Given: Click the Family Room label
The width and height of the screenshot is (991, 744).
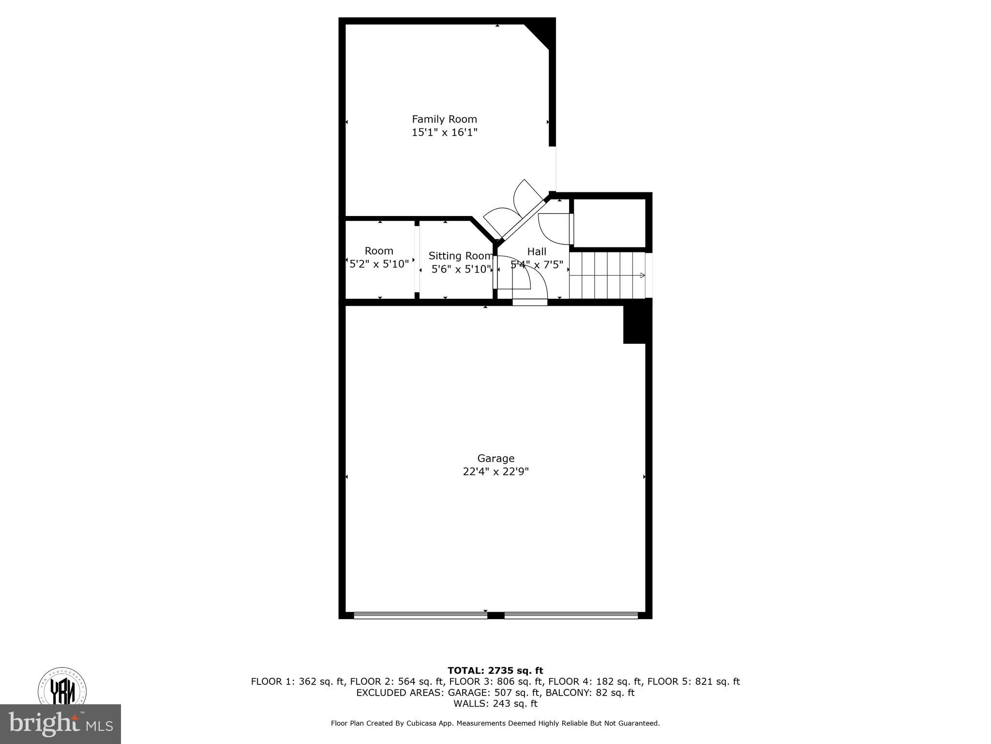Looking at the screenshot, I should tap(444, 119).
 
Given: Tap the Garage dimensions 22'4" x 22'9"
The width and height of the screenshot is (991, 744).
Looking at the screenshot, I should tap(495, 472).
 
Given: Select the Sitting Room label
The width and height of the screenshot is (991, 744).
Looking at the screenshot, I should tap(460, 256).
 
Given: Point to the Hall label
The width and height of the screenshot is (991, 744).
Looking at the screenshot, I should tap(537, 251).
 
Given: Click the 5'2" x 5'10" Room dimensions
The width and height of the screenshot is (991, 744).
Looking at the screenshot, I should tap(379, 264).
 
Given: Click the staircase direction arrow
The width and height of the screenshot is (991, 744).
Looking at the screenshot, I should tap(642, 276).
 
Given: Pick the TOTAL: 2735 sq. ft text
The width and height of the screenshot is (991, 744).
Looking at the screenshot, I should tap(495, 671).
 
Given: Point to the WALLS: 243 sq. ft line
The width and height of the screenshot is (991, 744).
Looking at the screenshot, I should tap(495, 703).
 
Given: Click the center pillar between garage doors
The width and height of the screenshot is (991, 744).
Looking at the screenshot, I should tap(495, 615).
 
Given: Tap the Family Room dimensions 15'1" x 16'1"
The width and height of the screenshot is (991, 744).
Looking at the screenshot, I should tap(444, 132).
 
